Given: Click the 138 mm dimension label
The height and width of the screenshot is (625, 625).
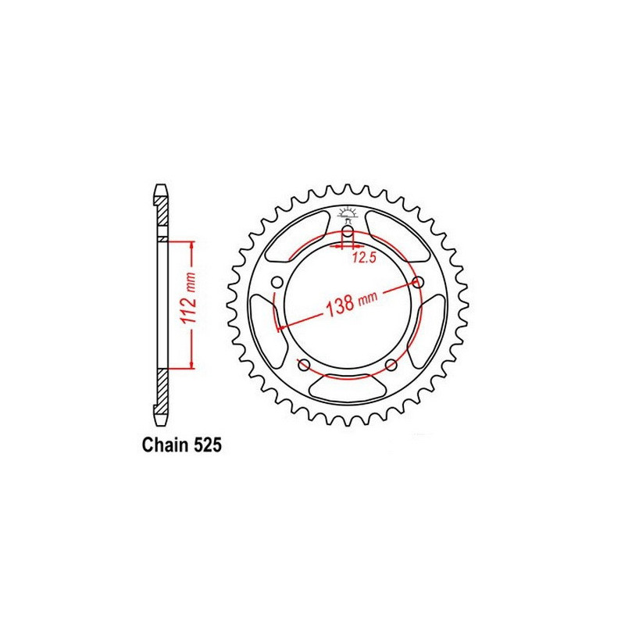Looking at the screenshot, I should (x=349, y=304).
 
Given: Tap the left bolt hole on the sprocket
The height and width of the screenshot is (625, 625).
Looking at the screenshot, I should (x=276, y=283).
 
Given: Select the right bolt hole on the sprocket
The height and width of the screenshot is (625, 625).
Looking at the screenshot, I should (x=418, y=283).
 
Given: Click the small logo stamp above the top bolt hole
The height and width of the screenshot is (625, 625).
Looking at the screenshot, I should (x=347, y=212).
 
